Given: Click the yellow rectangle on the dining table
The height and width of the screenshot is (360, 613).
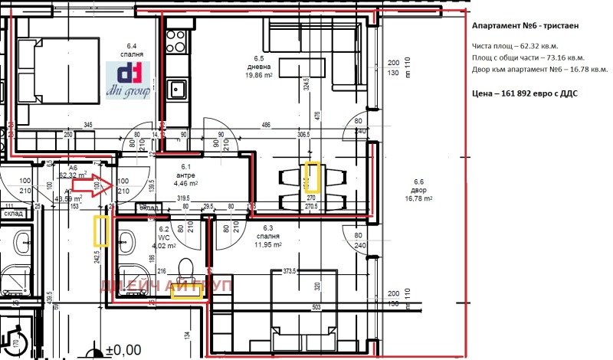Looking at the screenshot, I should tap(314, 177).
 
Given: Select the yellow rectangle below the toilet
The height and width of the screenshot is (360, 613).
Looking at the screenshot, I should tap(188, 290).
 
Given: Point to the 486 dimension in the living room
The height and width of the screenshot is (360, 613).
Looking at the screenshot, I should tap(266, 125).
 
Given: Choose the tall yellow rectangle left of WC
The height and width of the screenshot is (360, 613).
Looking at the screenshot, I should tap(100, 231).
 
